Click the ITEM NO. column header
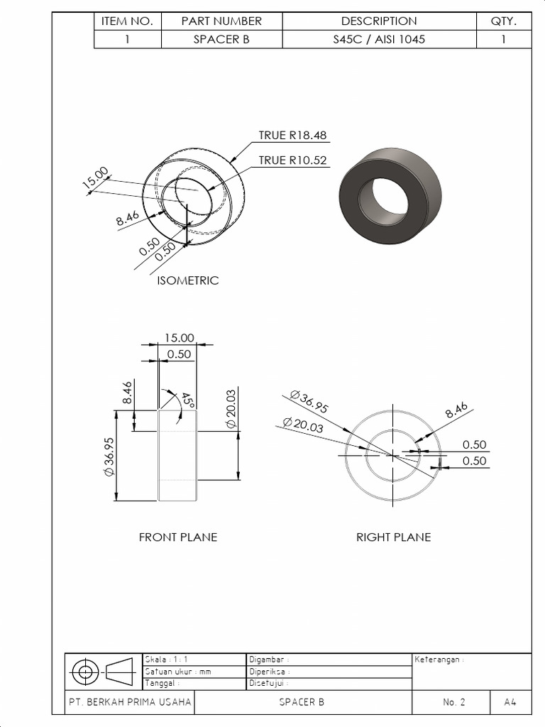click(x=128, y=21)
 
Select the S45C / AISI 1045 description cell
click(x=379, y=40)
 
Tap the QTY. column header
click(x=503, y=21)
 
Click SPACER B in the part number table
click(x=221, y=40)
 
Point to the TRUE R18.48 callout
click(x=292, y=136)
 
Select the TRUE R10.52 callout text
click(x=292, y=160)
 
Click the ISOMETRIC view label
click(x=187, y=280)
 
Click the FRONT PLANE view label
click(x=177, y=537)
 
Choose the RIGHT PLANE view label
click(x=393, y=537)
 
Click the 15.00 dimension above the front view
click(x=179, y=338)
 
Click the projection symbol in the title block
click(x=103, y=671)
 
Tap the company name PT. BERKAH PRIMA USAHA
click(x=130, y=702)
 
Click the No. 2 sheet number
click(x=453, y=702)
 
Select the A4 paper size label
click(x=510, y=702)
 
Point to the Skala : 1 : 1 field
click(x=166, y=660)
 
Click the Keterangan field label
click(x=438, y=660)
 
